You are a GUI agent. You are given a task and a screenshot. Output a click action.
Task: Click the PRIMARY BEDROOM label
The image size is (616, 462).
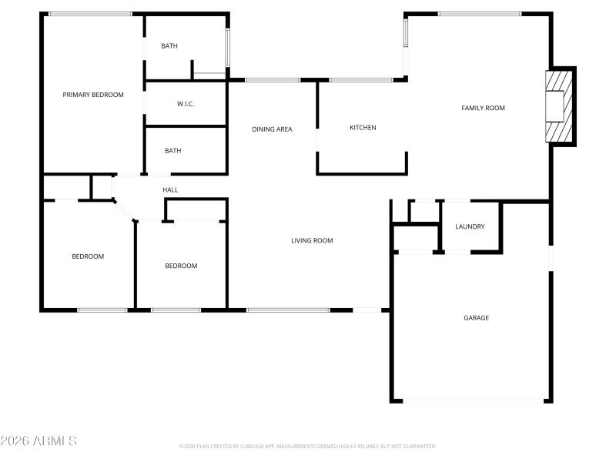click(x=93, y=95)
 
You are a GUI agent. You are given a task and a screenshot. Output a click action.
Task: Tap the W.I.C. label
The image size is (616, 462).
click(x=186, y=104)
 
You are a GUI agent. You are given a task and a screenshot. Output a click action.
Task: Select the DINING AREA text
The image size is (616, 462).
click(x=272, y=129)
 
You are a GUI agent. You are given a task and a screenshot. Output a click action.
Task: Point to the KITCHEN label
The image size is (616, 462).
click(x=363, y=128)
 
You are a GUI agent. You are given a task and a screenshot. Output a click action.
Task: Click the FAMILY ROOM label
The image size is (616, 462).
click(x=483, y=108)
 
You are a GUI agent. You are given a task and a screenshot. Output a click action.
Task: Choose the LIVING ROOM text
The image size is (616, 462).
click(x=312, y=241)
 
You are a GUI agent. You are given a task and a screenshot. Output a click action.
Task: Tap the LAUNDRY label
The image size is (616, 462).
click(x=470, y=226)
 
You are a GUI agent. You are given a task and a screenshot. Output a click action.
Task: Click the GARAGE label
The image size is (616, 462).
click(x=476, y=318)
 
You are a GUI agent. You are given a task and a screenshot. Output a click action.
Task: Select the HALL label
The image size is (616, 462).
click(x=170, y=190)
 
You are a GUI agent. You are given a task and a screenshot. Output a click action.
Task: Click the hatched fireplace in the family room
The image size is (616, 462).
click(x=560, y=105)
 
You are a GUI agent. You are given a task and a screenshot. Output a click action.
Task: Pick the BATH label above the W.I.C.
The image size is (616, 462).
click(x=169, y=46)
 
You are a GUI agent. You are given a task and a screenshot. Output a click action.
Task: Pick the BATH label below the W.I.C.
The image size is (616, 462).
click(x=173, y=151)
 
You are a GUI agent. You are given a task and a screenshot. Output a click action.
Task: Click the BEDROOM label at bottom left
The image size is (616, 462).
click(x=88, y=256)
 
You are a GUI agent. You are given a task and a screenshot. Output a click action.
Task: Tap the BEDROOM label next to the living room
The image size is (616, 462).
click(x=181, y=266)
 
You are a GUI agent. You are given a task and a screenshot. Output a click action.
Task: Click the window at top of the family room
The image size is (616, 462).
click(x=480, y=14)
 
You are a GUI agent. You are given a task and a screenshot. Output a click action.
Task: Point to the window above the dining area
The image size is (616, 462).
click(x=273, y=79)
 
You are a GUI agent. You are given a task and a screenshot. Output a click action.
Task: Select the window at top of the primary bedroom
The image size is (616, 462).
click(x=90, y=14)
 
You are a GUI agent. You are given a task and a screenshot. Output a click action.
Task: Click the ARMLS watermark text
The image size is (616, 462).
click(x=38, y=441)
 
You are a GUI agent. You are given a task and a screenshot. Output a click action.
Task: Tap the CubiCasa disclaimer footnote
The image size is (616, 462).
click(x=308, y=446)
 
